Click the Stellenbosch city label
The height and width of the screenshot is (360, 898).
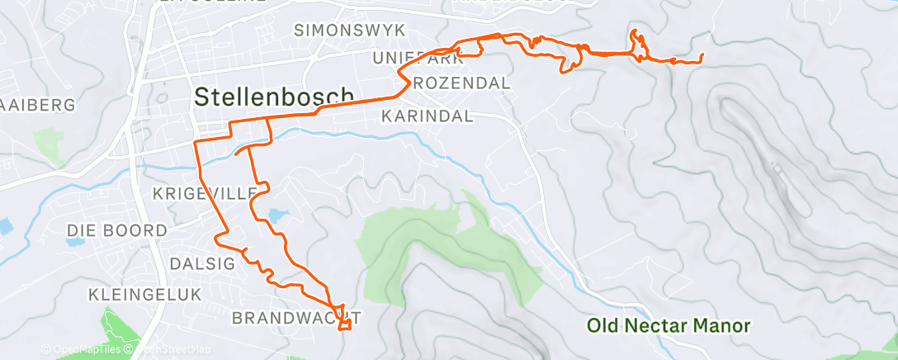(274, 97)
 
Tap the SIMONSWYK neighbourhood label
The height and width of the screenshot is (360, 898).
(351, 31)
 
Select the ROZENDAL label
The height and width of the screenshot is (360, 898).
(461, 83)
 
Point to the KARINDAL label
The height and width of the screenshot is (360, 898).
(427, 116)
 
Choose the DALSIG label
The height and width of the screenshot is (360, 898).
(202, 263)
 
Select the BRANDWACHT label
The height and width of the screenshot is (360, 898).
(296, 318)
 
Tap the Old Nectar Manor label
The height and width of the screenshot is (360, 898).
(669, 326)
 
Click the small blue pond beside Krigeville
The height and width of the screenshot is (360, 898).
(276, 216)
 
